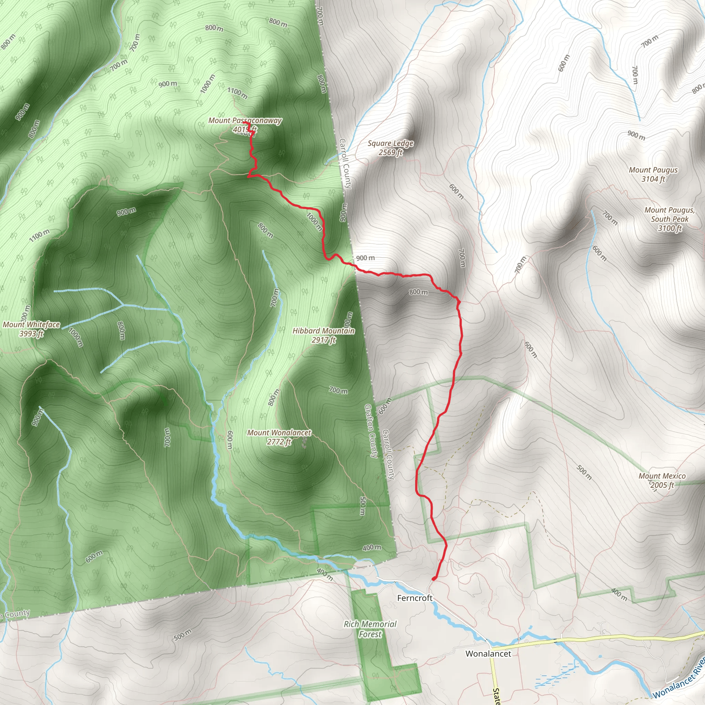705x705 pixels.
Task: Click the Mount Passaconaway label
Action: [x=245, y=120]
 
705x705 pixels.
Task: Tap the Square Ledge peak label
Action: [x=390, y=144]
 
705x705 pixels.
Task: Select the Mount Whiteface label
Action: [x=31, y=324]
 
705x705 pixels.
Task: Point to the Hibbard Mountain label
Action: [x=323, y=330]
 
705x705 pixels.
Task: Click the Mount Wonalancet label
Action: [x=279, y=432]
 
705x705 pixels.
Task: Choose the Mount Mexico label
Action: [x=662, y=476]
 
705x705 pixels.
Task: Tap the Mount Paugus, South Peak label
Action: [x=670, y=214]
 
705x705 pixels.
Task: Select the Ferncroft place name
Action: [x=414, y=598]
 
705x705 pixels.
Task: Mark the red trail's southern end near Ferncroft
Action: [x=433, y=579]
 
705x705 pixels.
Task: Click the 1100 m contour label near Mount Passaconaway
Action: [x=238, y=93]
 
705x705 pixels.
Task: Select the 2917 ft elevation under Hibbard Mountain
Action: [x=323, y=340]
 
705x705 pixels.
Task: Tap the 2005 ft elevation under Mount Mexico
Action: [x=662, y=485]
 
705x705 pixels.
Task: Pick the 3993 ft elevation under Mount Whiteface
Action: [x=31, y=334]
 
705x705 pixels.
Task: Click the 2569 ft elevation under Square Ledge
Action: [x=390, y=152]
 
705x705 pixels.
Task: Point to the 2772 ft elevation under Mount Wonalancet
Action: [x=279, y=442]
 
